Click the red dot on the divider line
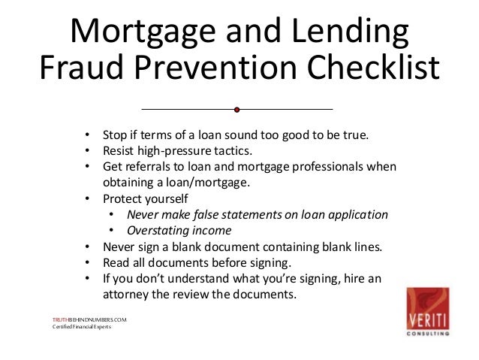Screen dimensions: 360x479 [x=236, y=110]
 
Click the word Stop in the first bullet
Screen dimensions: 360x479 [x=116, y=135]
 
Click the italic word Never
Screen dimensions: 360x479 [x=143, y=214]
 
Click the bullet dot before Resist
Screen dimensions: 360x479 [x=88, y=151]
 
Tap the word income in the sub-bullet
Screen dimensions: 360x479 [x=212, y=230]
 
